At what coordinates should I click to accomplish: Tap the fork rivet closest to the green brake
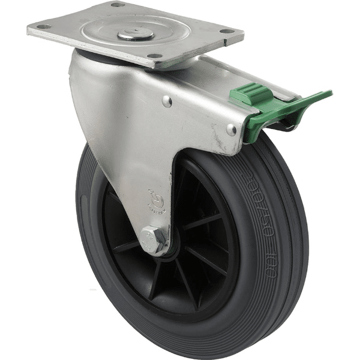point(232,129)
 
